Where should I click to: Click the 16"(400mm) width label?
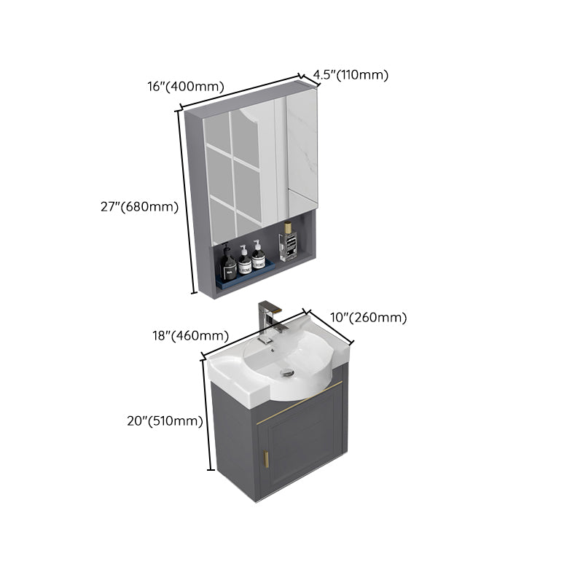pos(184,86)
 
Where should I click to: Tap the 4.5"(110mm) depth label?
pos(351,74)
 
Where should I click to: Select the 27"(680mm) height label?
pos(139,206)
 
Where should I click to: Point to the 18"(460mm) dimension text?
pos(191,336)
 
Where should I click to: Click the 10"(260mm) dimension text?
pos(369,317)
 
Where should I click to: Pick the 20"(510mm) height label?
pos(163,420)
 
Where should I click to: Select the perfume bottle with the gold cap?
pos(288,241)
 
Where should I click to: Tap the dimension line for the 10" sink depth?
pos(330,326)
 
